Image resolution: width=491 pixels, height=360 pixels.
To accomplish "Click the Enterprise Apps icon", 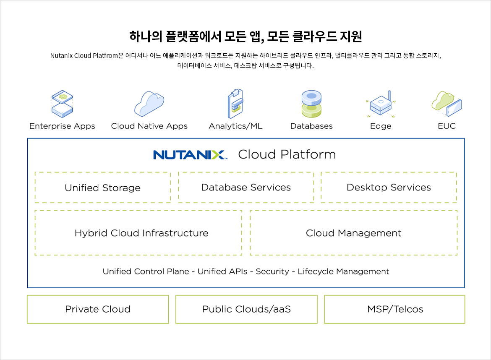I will click(x=62, y=103).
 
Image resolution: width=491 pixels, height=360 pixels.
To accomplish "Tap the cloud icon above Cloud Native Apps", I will click(x=149, y=103).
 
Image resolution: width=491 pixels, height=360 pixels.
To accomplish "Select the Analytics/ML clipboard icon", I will click(x=235, y=104).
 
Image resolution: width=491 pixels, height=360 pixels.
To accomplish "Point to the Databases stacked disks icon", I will click(x=311, y=104).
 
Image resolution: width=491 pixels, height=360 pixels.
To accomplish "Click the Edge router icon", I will click(x=381, y=104).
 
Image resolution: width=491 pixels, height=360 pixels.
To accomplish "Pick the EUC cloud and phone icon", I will click(x=447, y=103).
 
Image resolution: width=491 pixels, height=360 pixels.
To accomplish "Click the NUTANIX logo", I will click(x=190, y=154).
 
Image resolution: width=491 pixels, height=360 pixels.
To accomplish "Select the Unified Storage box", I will click(x=102, y=188).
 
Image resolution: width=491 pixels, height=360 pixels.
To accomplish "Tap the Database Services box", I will click(x=246, y=187).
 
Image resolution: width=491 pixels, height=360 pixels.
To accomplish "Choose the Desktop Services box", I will click(x=389, y=187).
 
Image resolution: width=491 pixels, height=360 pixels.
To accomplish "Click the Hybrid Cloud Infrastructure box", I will click(x=138, y=233).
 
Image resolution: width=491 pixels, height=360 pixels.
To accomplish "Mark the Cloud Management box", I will click(x=353, y=233).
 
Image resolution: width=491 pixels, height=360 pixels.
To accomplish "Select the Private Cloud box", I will click(x=98, y=309).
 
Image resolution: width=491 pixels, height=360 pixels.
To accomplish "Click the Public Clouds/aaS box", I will click(x=246, y=309).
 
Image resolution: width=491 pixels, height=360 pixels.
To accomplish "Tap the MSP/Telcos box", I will click(x=395, y=309).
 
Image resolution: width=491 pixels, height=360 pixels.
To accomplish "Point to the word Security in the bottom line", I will click(x=272, y=271).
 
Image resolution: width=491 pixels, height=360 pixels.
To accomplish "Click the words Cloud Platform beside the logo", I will click(x=287, y=154).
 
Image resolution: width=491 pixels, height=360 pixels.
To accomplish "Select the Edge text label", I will click(x=381, y=126).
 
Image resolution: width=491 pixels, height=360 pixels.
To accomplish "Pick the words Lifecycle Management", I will click(x=343, y=271).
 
